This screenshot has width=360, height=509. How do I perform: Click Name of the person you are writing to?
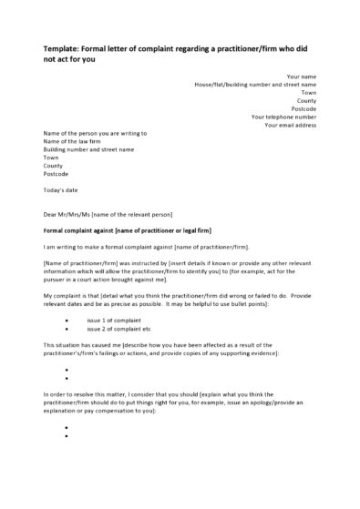point(94,132)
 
